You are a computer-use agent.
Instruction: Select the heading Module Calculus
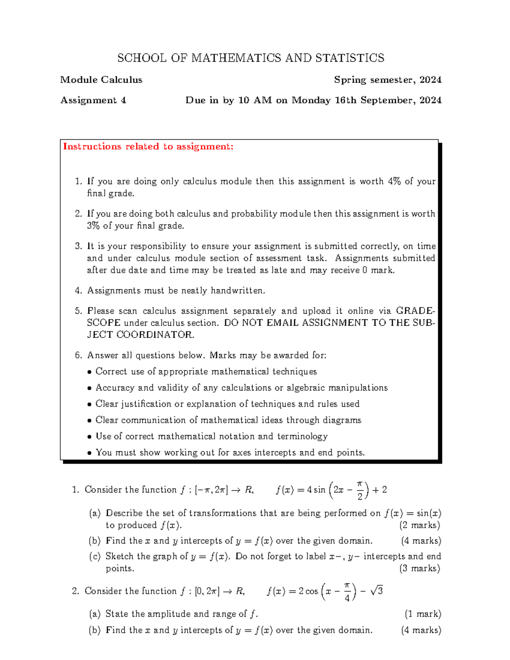pyautogui.click(x=101, y=80)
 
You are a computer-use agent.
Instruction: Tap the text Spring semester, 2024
pyautogui.click(x=388, y=80)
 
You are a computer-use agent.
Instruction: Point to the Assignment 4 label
pyautogui.click(x=93, y=100)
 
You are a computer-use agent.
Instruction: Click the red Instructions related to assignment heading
pyautogui.click(x=148, y=147)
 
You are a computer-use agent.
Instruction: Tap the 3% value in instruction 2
pyautogui.click(x=93, y=226)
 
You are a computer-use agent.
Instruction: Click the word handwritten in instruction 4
pyautogui.click(x=238, y=291)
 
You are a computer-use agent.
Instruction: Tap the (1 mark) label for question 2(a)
pyautogui.click(x=422, y=614)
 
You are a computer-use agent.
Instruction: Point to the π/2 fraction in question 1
pyautogui.click(x=360, y=490)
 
